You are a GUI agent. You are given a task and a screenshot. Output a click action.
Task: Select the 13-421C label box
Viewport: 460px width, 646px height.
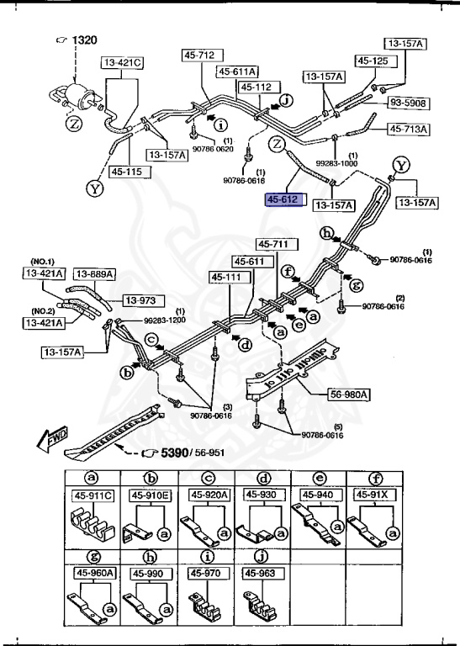coord(122,62)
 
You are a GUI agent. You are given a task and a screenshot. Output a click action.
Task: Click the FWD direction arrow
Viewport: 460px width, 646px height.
coord(33,439)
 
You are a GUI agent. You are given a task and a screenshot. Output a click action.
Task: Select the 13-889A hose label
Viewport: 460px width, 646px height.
coord(94,273)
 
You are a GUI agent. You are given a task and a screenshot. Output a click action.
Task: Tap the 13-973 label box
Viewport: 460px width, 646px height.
coord(141,300)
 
